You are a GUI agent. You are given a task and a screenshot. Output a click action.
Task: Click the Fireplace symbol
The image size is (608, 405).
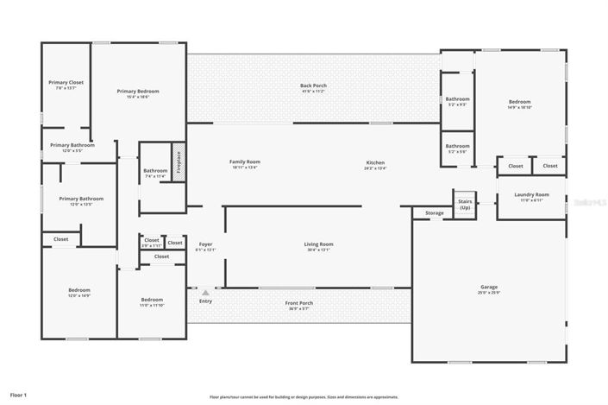click(x=179, y=161)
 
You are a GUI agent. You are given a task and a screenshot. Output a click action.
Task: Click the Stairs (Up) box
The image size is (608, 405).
click(x=465, y=204)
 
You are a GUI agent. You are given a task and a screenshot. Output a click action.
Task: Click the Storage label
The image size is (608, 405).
click(x=435, y=212)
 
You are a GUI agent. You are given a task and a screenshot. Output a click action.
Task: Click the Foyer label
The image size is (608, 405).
click(x=205, y=246)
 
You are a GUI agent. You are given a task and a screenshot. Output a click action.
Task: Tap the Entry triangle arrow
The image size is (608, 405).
click(x=205, y=293)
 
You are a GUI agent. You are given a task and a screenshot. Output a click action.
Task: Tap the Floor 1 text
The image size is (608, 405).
click(x=19, y=395)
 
